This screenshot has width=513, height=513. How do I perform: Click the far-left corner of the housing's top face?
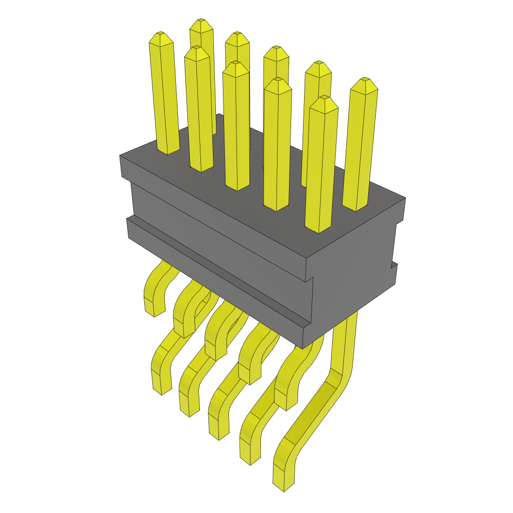(x=120, y=156)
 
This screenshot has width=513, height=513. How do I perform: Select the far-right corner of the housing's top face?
(x=405, y=198)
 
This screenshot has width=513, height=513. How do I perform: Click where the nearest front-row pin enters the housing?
(x=319, y=230)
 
